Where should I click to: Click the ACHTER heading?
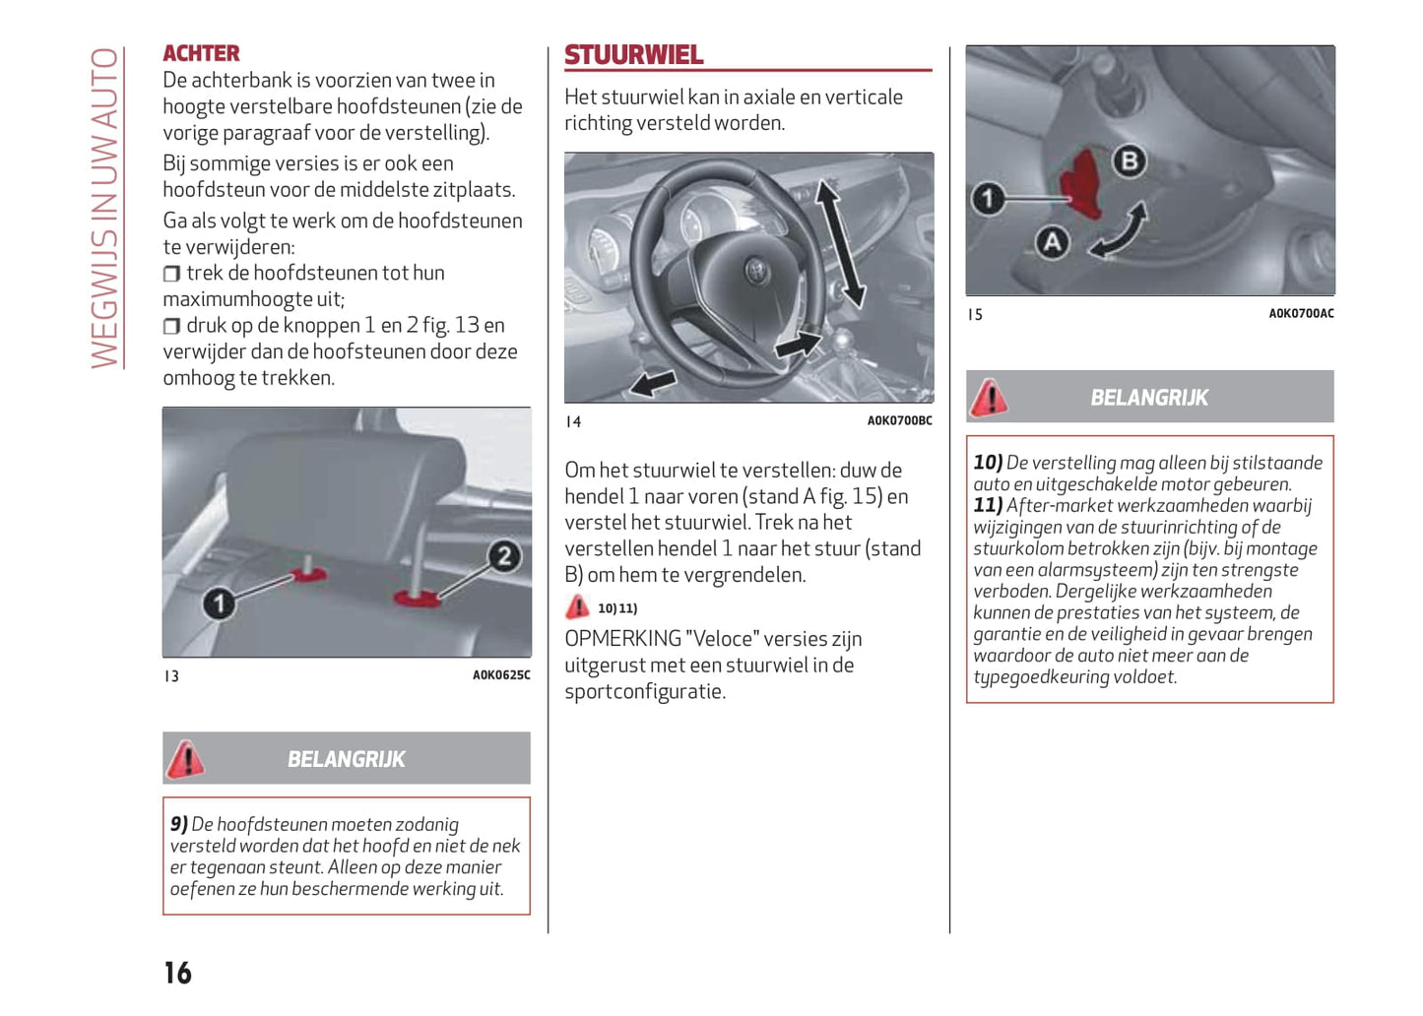pyautogui.click(x=201, y=53)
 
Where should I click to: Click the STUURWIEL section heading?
pyautogui.click(x=633, y=55)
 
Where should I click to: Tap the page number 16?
pyautogui.click(x=177, y=973)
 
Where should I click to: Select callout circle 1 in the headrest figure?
pyautogui.click(x=219, y=603)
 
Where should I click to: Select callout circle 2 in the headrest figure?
pyautogui.click(x=504, y=556)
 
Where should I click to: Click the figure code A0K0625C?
pyautogui.click(x=501, y=675)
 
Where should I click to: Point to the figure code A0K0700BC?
pyautogui.click(x=899, y=421)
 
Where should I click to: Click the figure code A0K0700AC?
pyautogui.click(x=1301, y=314)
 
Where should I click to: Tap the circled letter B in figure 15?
pyautogui.click(x=1129, y=161)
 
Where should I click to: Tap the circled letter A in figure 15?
pyautogui.click(x=1052, y=242)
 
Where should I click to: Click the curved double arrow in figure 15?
pyautogui.click(x=1120, y=230)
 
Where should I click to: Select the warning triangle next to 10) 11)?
pyautogui.click(x=577, y=607)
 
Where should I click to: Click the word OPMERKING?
pyautogui.click(x=622, y=639)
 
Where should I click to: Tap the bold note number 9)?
pyautogui.click(x=178, y=824)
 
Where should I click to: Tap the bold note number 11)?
pyautogui.click(x=988, y=506)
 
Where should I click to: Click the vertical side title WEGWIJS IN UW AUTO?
pyautogui.click(x=105, y=208)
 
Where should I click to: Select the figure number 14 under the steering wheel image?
pyautogui.click(x=573, y=422)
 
